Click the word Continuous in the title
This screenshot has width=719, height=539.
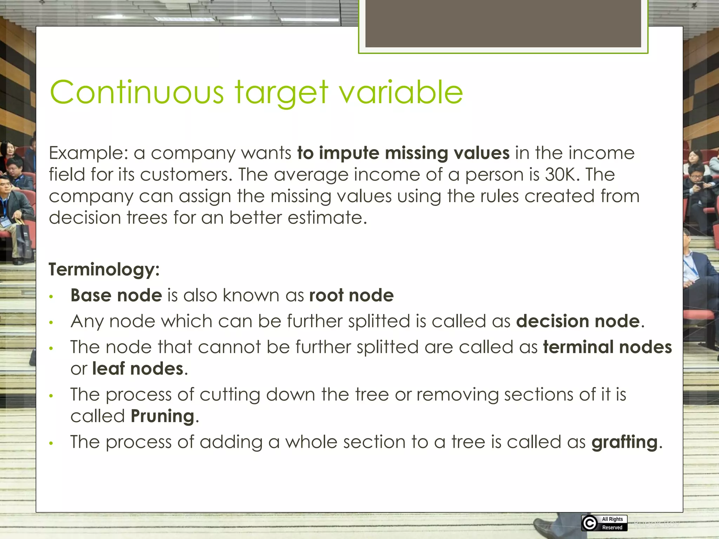click(137, 92)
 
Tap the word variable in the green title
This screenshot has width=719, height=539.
click(401, 92)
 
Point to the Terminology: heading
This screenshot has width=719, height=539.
click(104, 269)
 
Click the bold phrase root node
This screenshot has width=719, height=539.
click(351, 295)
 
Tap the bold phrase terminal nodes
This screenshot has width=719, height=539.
click(607, 347)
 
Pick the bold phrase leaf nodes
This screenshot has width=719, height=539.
click(138, 369)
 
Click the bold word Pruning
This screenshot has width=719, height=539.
click(162, 417)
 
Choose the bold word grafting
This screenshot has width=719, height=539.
click(624, 442)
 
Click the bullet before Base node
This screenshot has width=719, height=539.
click(51, 297)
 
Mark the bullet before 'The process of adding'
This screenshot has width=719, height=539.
click(51, 444)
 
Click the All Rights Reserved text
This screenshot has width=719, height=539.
click(612, 523)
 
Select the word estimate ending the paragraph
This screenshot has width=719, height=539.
click(327, 218)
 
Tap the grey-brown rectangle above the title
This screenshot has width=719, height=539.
click(503, 23)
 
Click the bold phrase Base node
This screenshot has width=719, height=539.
click(116, 295)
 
